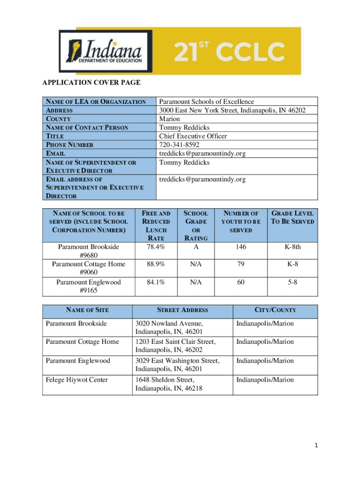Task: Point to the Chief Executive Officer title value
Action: pyautogui.click(x=193, y=136)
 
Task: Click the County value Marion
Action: pyautogui.click(x=169, y=119)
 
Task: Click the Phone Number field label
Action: pyautogui.click(x=69, y=145)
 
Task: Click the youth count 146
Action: pyautogui.click(x=240, y=247)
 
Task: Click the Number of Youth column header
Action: pyautogui.click(x=240, y=222)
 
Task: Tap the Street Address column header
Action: pyautogui.click(x=182, y=310)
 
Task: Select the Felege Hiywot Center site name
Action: pyautogui.click(x=77, y=379)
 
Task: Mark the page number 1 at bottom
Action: pyautogui.click(x=317, y=446)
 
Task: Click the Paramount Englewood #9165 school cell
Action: pyautogui.click(x=88, y=286)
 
